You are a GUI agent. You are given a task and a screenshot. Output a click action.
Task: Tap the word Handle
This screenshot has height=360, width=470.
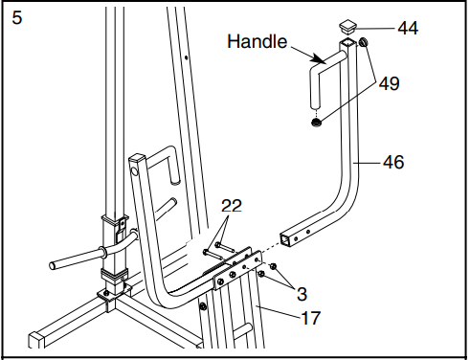(x=256, y=42)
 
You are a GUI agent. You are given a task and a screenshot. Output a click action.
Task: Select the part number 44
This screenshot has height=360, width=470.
(x=408, y=29)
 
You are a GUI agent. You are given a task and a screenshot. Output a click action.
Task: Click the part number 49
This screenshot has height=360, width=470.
(x=389, y=83)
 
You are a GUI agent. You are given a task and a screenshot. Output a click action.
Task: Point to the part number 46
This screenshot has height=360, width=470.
(x=392, y=163)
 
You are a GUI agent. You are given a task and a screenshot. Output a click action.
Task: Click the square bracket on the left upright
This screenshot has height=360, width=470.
(x=112, y=230)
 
